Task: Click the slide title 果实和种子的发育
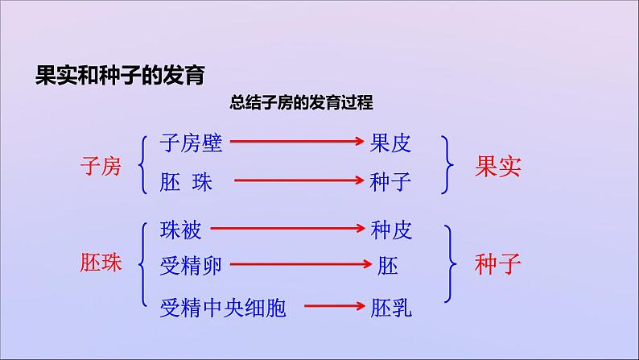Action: point(121,76)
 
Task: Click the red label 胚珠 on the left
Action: point(101,263)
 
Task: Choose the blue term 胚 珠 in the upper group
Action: point(186,182)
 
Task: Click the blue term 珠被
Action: point(181,231)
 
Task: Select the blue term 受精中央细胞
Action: point(223,307)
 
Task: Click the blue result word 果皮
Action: point(390,143)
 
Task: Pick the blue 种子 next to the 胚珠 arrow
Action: point(390,182)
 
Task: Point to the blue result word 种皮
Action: point(391,231)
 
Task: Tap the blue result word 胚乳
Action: point(391,307)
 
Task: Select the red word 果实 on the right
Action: point(498,166)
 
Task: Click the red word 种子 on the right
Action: point(498,263)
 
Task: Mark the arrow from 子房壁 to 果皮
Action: point(298,143)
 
